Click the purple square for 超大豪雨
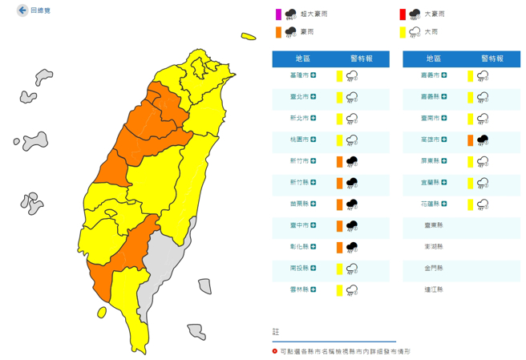(278, 14)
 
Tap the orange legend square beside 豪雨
(278, 32)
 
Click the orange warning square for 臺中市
(340, 225)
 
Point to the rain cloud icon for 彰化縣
(351, 246)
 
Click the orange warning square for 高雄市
(470, 140)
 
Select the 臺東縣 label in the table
(436, 225)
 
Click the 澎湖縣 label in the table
(436, 246)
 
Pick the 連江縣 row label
(436, 289)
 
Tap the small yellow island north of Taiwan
(249, 35)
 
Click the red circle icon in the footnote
(275, 351)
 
